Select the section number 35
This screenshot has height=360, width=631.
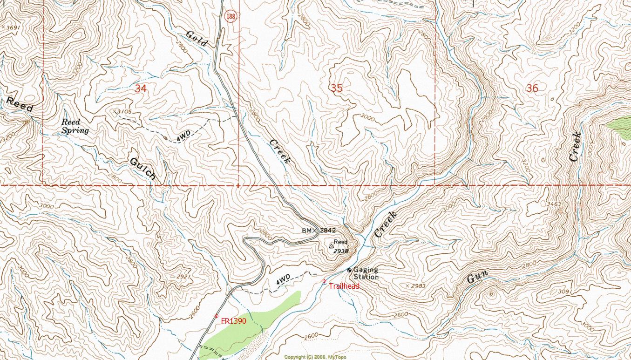(x=336, y=88)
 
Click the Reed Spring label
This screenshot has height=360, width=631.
(x=75, y=127)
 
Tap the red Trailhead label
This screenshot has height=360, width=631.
(x=344, y=286)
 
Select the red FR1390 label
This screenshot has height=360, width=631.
(x=233, y=321)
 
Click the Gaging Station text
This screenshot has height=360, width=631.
(x=366, y=273)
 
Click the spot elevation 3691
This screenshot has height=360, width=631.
(x=12, y=27)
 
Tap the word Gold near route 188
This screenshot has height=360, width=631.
(x=197, y=38)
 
